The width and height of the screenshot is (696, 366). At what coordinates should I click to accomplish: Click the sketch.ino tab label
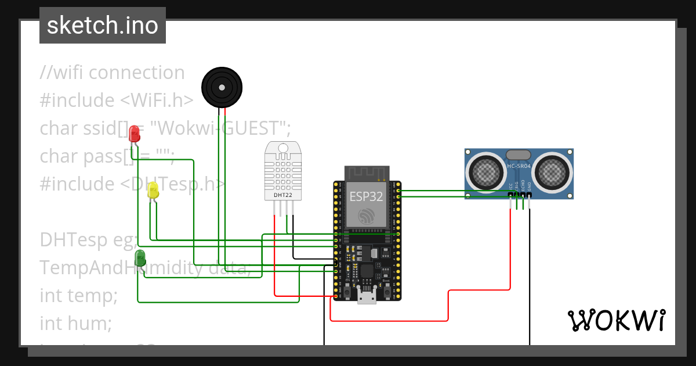(103, 26)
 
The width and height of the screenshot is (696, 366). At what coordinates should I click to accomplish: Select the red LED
(135, 134)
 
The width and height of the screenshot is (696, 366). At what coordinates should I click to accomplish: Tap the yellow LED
(153, 191)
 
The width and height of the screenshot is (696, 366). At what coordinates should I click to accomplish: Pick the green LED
(140, 258)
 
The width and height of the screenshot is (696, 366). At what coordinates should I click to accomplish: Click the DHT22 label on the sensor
(282, 196)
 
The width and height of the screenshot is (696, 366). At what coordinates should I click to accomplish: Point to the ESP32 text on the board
(366, 196)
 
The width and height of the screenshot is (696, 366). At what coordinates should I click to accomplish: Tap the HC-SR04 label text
(519, 167)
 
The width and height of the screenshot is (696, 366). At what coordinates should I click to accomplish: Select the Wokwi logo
(615, 320)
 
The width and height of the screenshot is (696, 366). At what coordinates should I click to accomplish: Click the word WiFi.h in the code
(157, 100)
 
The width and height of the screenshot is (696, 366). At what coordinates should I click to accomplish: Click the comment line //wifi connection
(113, 73)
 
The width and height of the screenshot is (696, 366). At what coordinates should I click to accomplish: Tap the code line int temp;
(78, 295)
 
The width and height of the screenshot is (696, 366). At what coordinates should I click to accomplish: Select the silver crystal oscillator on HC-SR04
(519, 155)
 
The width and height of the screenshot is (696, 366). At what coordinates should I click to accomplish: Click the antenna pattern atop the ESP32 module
(366, 173)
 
